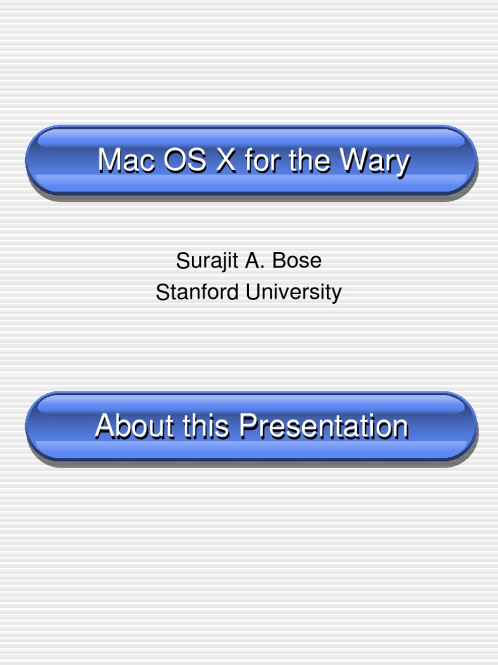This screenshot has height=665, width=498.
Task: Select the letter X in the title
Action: tap(226, 160)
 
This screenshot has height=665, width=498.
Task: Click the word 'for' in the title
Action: tap(263, 160)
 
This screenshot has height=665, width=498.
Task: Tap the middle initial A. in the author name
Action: tap(252, 261)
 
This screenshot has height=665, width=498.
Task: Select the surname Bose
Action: tap(296, 261)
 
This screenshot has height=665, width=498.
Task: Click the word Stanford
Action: tap(198, 292)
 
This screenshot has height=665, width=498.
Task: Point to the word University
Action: tap(293, 292)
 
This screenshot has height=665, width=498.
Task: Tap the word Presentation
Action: tap(323, 427)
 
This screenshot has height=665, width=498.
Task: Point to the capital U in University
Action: tap(252, 292)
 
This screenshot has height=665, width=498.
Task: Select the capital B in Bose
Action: tap(278, 261)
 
